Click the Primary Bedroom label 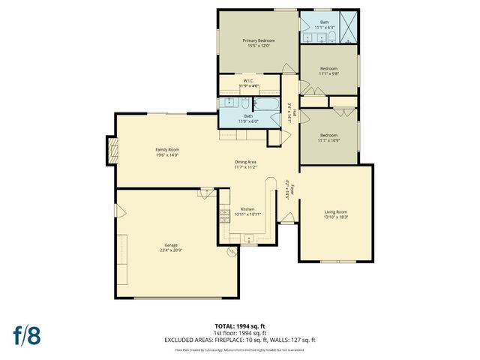259,40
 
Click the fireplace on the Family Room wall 112,151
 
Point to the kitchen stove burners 223,217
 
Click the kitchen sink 247,239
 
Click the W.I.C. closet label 248,81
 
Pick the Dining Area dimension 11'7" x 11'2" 247,167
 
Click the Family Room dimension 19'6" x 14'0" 167,155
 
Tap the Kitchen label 247,208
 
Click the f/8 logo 26,335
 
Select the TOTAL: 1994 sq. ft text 240,326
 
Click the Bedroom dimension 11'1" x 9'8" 328,73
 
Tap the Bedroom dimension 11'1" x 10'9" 328,140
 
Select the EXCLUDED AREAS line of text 240,340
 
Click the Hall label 295,113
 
